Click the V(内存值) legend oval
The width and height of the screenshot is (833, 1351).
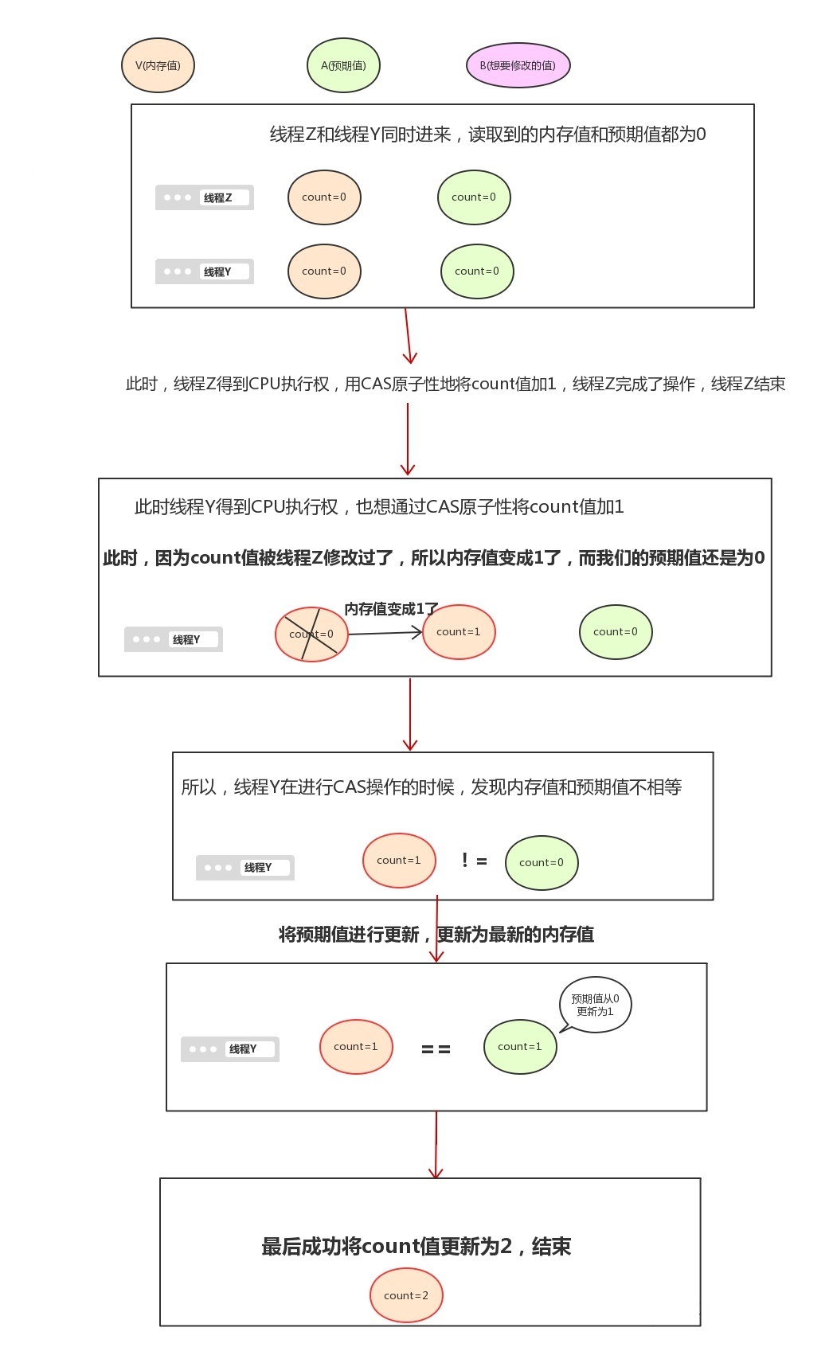point(158,65)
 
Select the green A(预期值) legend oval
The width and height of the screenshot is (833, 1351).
point(343,65)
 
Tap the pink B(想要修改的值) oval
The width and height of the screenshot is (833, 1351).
point(518,65)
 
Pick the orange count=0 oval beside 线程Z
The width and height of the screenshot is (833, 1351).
point(324,197)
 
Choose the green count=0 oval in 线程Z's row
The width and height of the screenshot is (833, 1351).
point(474,197)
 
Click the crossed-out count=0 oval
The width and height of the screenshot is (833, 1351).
point(311,635)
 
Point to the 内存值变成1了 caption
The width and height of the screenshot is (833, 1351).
point(391,609)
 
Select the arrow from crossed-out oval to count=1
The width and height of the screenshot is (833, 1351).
point(385,633)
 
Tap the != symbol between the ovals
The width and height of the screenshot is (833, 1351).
point(474,861)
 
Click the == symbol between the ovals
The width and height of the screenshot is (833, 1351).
point(436,1049)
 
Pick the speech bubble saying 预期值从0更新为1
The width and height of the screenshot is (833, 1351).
point(595,1005)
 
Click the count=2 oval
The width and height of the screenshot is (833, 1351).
point(406,1295)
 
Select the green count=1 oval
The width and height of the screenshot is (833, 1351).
point(520,1047)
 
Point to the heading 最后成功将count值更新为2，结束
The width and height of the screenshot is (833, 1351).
point(416,1246)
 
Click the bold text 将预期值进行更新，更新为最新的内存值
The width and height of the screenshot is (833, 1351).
point(436,934)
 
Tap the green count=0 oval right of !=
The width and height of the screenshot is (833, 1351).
point(542,863)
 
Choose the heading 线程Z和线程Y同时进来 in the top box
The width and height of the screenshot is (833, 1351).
point(487,135)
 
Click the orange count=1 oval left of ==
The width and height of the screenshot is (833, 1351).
point(356,1047)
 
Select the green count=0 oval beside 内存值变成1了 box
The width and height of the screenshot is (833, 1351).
point(616,632)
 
